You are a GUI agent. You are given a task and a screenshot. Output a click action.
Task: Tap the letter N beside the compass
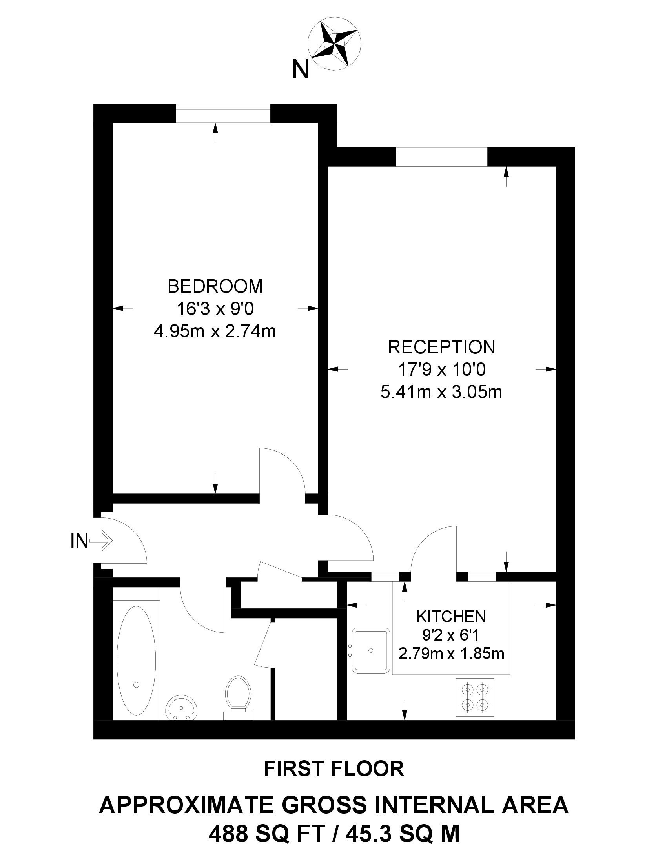point(300,70)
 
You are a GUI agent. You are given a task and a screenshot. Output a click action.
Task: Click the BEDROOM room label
point(215,286)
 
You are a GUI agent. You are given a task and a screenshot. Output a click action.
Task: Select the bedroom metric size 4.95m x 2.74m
point(215,331)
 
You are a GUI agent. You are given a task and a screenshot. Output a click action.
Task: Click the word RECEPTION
point(441,347)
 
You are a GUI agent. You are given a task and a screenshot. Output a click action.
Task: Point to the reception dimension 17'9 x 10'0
point(441,370)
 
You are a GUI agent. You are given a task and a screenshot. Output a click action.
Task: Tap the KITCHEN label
point(451,616)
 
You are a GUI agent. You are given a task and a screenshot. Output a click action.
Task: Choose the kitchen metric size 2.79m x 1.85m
point(451,654)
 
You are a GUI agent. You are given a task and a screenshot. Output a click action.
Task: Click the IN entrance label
point(79,541)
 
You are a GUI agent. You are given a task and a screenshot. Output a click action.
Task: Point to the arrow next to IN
point(102,540)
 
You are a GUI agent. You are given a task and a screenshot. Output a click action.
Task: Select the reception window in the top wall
point(441,157)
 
